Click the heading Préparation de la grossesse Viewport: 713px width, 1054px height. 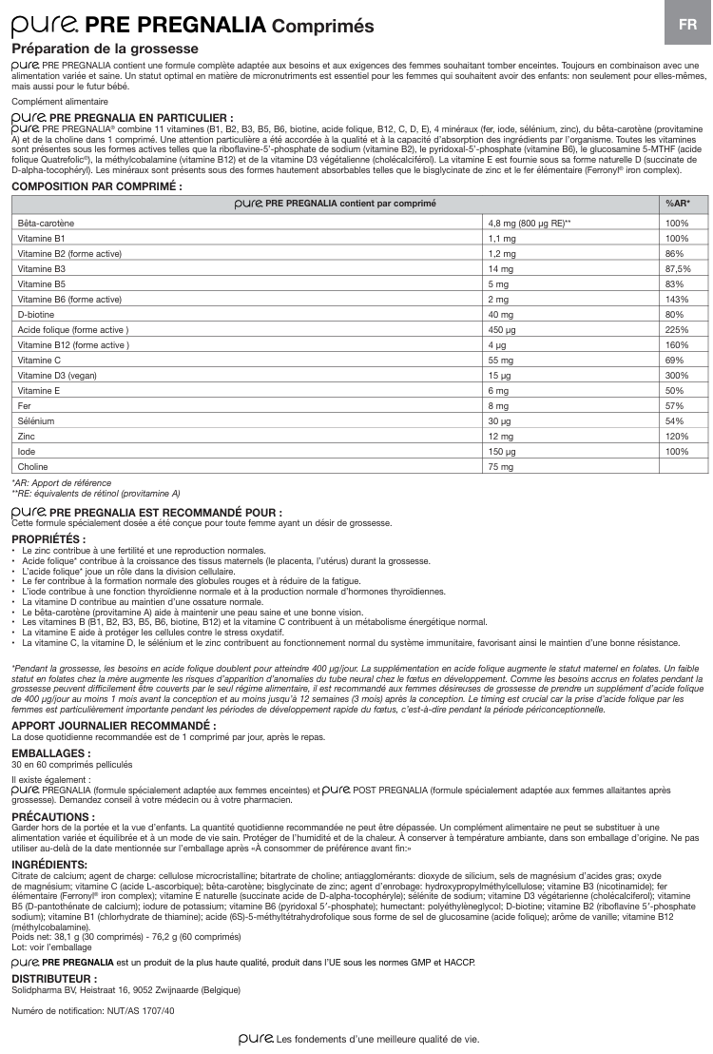(105, 48)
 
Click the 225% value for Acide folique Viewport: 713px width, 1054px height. (676, 329)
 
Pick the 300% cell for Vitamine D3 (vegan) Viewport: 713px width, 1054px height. (676, 375)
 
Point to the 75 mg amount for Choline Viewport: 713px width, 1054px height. (499, 467)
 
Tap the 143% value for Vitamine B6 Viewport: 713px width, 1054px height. (676, 299)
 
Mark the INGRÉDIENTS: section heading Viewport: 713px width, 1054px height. (49, 864)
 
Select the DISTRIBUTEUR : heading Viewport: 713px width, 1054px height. (55, 977)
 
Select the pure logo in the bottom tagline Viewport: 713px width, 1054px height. (256, 1039)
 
